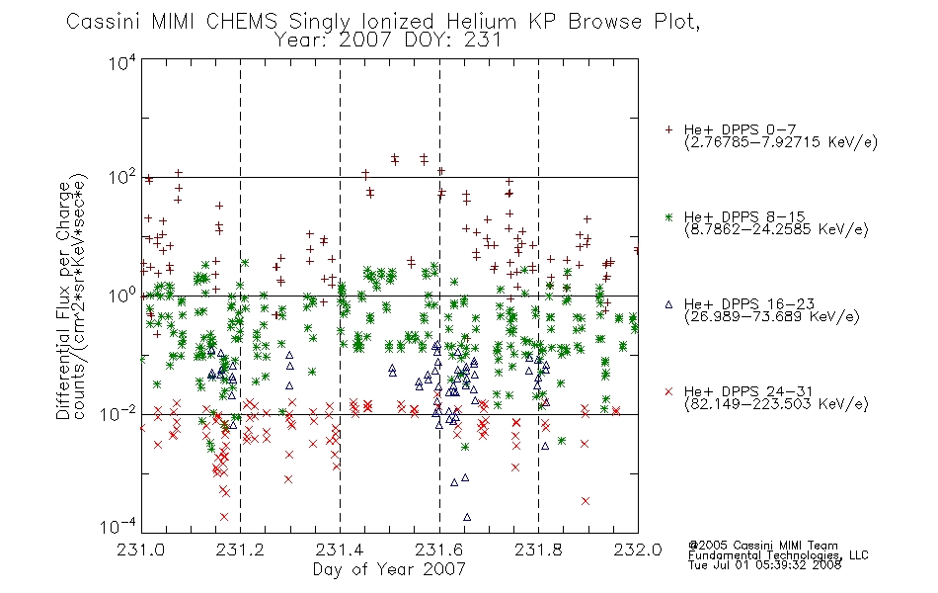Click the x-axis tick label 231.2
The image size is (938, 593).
(x=240, y=550)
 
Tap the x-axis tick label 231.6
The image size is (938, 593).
(x=439, y=550)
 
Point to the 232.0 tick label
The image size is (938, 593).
(x=638, y=550)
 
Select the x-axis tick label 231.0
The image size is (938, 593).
(x=140, y=550)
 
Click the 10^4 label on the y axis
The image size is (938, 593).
(x=122, y=62)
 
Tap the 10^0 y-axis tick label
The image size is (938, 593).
(x=122, y=296)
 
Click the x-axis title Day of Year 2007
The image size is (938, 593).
(x=389, y=569)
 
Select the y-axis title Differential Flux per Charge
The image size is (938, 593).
(x=63, y=300)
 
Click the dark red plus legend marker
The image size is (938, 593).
(x=668, y=129)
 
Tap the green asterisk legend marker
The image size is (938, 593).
(x=668, y=216)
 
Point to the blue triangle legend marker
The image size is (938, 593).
(x=668, y=304)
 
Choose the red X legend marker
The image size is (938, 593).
(x=668, y=391)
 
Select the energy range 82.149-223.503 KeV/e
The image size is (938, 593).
(x=776, y=403)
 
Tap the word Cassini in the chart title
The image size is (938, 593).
(x=104, y=22)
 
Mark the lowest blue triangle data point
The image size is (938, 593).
(x=467, y=517)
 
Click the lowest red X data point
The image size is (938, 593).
(x=224, y=516)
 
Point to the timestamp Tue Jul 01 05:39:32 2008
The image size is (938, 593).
(x=764, y=565)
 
